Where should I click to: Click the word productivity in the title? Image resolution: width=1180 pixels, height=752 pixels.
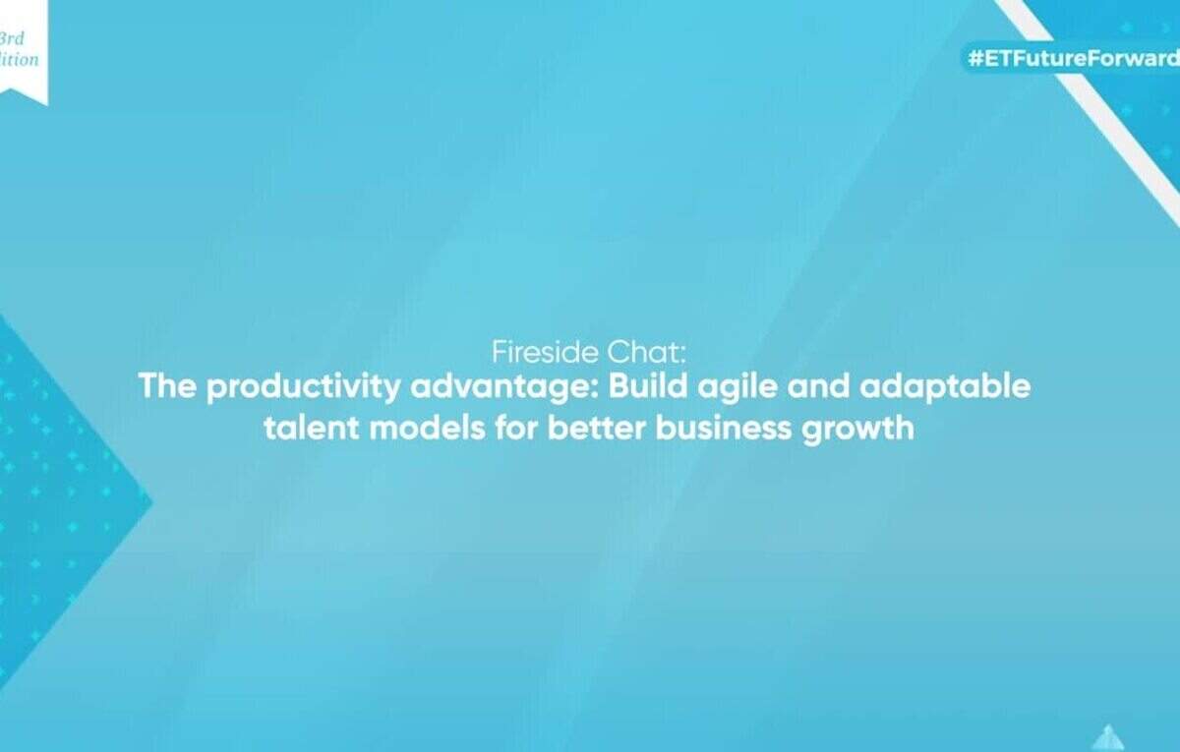tap(304, 388)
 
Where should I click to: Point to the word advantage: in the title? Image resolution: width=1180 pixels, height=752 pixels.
tap(504, 388)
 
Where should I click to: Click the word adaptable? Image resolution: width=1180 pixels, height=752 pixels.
tap(945, 388)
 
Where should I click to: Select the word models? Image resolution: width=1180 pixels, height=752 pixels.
tap(427, 428)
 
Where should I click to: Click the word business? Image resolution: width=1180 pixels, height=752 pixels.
tap(724, 428)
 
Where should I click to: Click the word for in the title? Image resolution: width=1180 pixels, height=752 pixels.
tap(516, 428)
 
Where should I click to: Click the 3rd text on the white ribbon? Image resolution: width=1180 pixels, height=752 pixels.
tap(12, 39)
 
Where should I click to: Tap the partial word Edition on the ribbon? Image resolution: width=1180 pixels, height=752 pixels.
tap(19, 59)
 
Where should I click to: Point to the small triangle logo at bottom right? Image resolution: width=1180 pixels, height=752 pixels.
tap(1108, 738)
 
